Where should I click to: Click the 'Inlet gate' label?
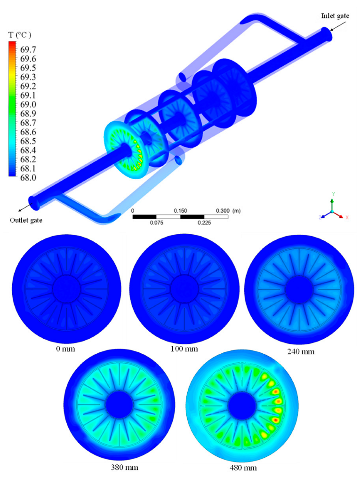click(x=335, y=16)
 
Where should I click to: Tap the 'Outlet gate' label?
click(x=26, y=220)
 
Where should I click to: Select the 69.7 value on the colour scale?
click(x=28, y=49)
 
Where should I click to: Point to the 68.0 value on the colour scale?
click(x=28, y=178)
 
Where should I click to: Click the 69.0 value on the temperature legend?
click(x=28, y=104)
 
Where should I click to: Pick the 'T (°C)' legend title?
click(x=19, y=35)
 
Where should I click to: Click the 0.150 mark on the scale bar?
click(x=180, y=211)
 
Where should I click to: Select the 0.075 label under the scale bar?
click(x=156, y=223)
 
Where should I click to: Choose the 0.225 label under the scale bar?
click(x=204, y=223)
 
